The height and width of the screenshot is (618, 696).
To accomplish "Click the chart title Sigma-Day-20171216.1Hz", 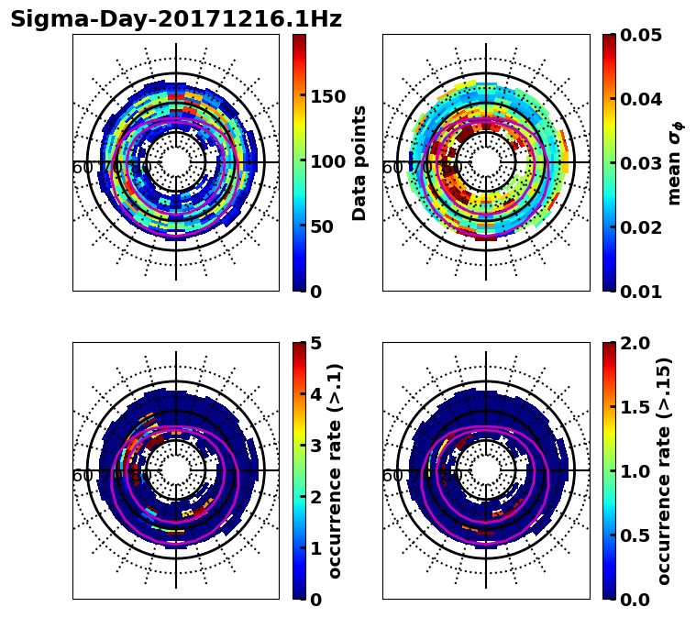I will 176,20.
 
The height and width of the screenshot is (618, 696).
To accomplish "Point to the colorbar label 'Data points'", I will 359,162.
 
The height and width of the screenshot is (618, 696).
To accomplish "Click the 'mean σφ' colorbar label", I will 675,163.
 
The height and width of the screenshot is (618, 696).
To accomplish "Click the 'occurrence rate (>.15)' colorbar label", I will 664,471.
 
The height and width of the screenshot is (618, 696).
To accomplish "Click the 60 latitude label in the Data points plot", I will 82,169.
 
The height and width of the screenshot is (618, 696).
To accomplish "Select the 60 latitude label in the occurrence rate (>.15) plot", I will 392,477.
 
